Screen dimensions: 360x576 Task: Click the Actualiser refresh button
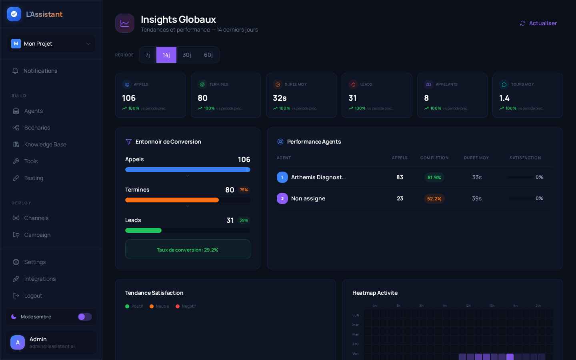point(538,23)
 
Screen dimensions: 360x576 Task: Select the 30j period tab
point(187,55)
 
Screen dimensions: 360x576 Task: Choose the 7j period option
point(148,55)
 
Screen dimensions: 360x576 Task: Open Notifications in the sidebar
point(40,71)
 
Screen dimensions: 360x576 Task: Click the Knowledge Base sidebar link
point(45,144)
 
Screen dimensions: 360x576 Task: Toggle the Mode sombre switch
point(84,317)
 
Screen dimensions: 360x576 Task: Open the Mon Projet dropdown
point(51,44)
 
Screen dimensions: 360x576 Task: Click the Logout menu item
point(33,296)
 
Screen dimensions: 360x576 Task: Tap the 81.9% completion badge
point(434,177)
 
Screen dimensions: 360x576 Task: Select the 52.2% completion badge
point(434,198)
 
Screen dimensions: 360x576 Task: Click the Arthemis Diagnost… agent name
point(318,177)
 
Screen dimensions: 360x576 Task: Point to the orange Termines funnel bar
point(172,200)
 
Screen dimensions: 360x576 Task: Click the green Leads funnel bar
point(143,230)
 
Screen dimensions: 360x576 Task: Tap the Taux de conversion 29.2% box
point(188,250)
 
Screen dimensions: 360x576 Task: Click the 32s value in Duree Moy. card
point(280,98)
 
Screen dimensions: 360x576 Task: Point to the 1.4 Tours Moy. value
point(504,98)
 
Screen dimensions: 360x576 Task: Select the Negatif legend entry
point(188,306)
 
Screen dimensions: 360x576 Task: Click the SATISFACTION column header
point(525,158)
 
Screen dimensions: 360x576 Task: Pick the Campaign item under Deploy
point(37,235)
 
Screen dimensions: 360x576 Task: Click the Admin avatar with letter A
point(18,342)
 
